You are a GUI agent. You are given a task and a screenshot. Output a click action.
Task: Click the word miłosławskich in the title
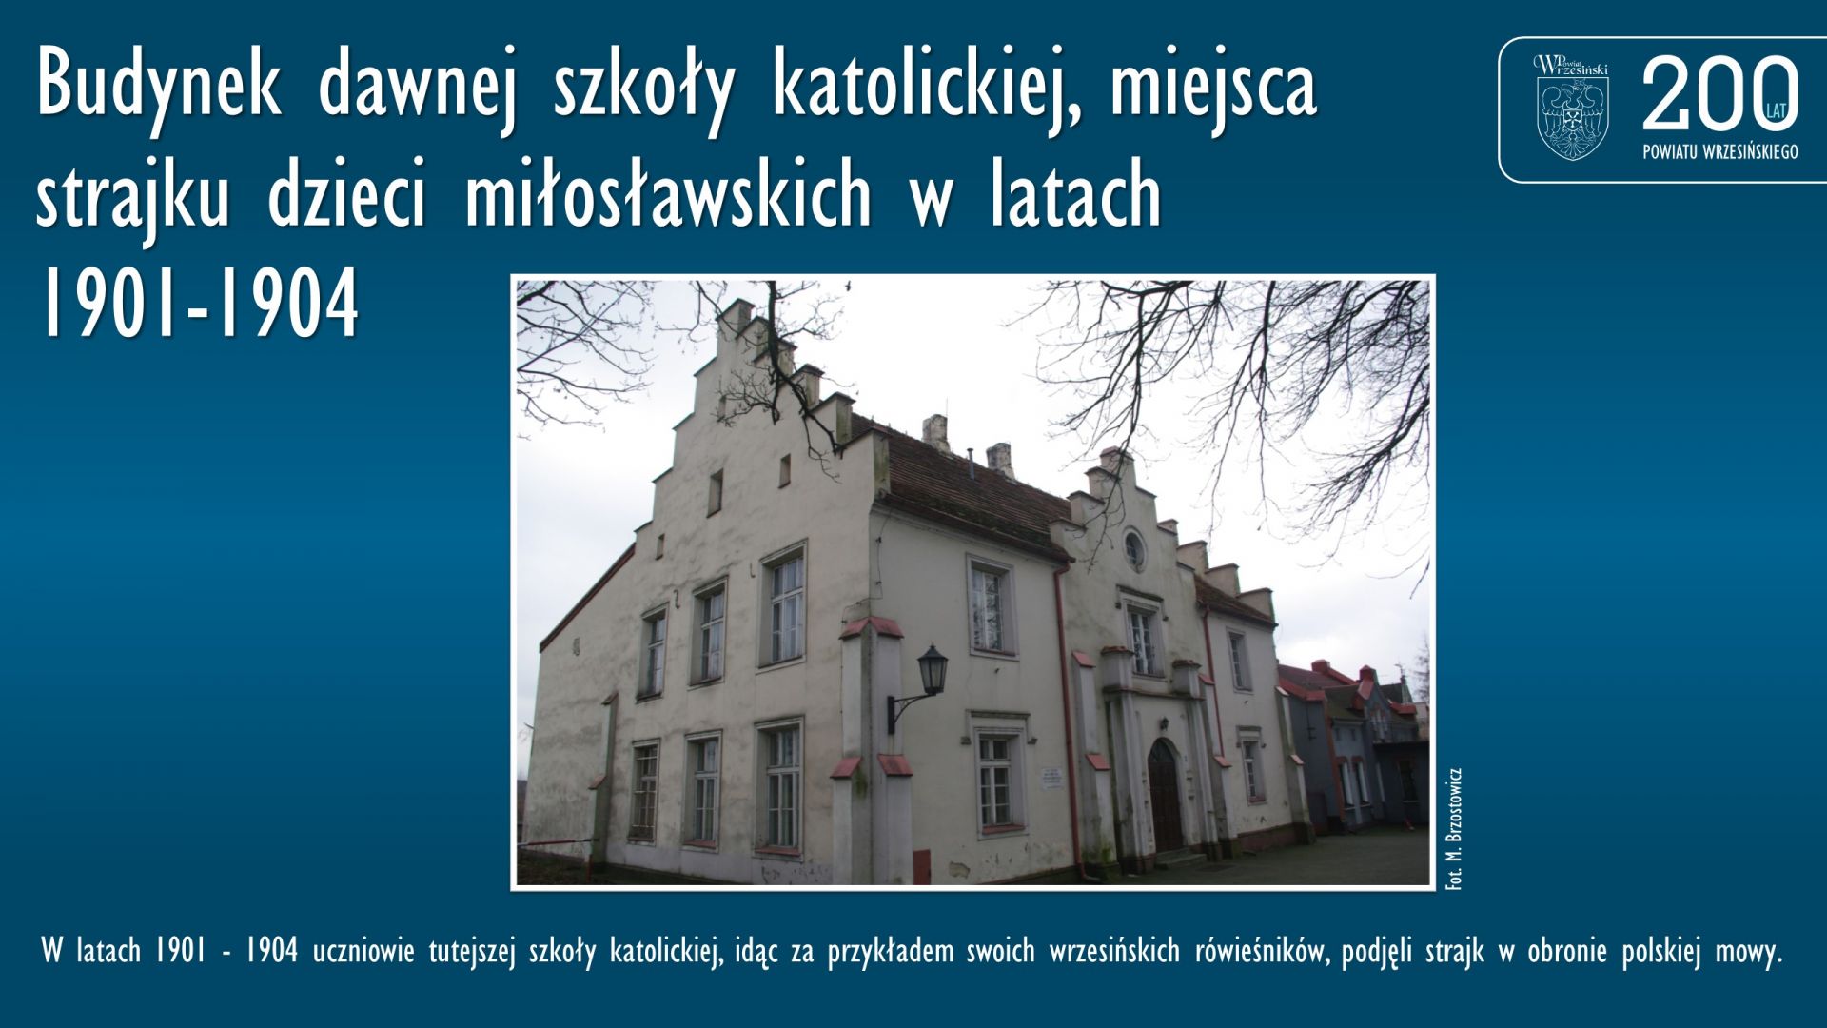pyautogui.click(x=668, y=195)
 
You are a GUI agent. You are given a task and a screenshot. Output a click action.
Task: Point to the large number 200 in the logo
pyautogui.click(x=1719, y=92)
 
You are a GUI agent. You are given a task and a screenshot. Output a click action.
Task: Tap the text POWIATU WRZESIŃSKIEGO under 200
pyautogui.click(x=1720, y=152)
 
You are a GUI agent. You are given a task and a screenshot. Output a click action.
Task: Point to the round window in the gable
pyautogui.click(x=1133, y=548)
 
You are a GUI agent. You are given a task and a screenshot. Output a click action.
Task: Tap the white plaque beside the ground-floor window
pyautogui.click(x=1050, y=777)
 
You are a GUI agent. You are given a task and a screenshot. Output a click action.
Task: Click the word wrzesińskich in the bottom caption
pyautogui.click(x=1113, y=951)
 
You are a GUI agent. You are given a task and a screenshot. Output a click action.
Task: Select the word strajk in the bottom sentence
pyautogui.click(x=1454, y=952)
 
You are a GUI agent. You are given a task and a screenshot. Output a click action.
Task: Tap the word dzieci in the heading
pyautogui.click(x=346, y=195)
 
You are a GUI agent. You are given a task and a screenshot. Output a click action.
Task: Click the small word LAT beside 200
pyautogui.click(x=1777, y=111)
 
